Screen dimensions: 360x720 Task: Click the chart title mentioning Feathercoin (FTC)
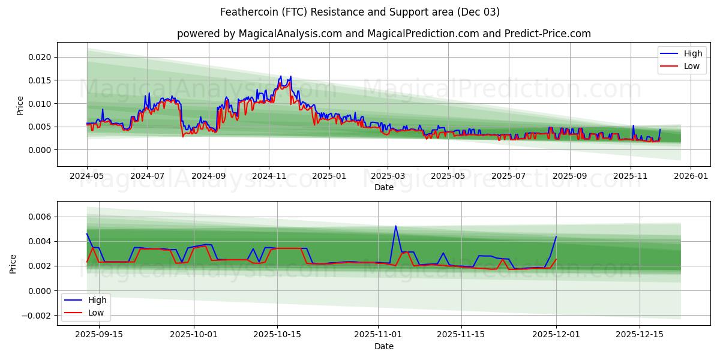(x=360, y=12)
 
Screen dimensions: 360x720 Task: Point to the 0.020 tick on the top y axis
(x=40, y=58)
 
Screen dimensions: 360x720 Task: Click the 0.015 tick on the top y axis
(x=40, y=80)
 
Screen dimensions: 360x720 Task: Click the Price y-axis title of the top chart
(x=20, y=105)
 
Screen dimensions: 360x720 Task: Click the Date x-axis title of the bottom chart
(x=384, y=346)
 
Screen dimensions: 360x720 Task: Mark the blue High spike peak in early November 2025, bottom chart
(x=395, y=226)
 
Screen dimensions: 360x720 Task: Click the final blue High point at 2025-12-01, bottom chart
(x=556, y=236)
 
